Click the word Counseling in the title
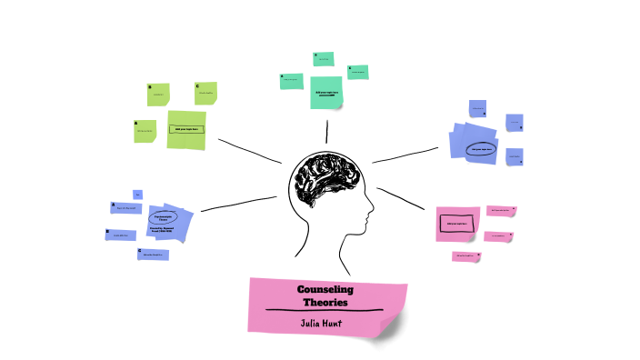coord(325,289)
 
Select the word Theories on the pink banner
coord(325,302)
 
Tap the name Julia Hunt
coord(325,322)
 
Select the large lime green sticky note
coord(187,129)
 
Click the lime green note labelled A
coord(145,131)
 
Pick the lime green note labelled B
coord(159,95)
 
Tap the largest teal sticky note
coord(326,92)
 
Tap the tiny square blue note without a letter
coord(137,195)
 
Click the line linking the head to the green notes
coord(250,152)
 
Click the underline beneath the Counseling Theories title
coord(325,311)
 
